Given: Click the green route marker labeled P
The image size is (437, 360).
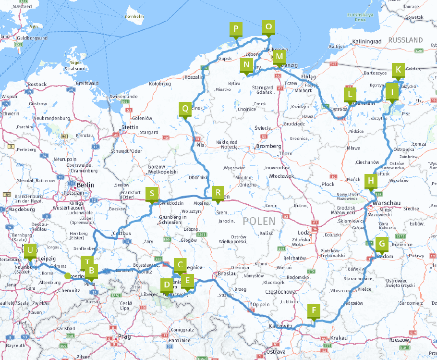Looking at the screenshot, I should point(235,29).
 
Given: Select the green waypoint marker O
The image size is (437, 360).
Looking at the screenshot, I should point(268,27).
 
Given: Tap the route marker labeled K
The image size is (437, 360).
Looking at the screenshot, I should point(397,69).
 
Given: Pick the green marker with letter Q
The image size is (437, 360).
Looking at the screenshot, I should point(185,108).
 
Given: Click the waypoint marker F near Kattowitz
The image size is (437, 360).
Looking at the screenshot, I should point(314,310).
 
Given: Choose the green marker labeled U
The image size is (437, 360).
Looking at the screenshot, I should point(30,250).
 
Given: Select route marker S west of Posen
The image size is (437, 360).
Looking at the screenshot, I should point(152,194).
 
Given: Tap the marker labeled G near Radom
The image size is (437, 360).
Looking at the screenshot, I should point(382,244).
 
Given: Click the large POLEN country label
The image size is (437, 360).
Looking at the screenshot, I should point(259,221).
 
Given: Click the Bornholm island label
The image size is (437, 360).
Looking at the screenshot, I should point(134,16).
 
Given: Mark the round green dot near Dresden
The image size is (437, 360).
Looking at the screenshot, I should point(68,276).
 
